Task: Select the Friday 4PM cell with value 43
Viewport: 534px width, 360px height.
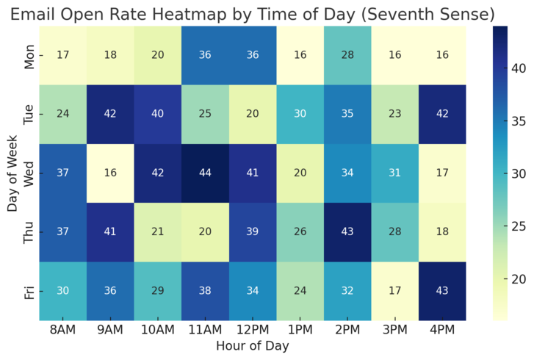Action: click(441, 292)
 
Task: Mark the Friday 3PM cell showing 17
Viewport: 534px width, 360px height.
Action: click(394, 292)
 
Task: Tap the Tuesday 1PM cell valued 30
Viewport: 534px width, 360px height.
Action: click(299, 115)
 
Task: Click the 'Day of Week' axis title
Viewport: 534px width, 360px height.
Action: click(11, 173)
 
